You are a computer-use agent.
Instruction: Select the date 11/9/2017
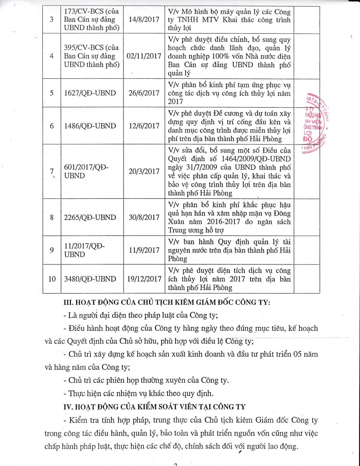[x=144, y=250]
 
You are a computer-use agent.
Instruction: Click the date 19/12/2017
[x=144, y=279]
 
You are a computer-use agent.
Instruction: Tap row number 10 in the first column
[x=52, y=279]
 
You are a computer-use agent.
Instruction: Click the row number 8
[x=52, y=217]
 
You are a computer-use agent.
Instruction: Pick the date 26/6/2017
[x=144, y=93]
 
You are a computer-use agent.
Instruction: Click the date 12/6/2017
[x=144, y=126]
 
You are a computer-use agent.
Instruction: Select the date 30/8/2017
[x=144, y=217]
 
